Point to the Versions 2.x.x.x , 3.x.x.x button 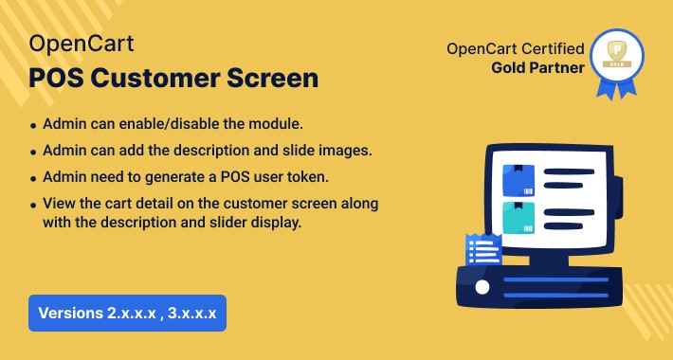coord(126,313)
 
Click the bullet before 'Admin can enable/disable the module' coord(34,126)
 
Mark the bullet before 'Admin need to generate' coord(34,178)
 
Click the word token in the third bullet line coord(308,177)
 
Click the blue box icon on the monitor coord(518,179)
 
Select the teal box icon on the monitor coord(518,217)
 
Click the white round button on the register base coord(482,285)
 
